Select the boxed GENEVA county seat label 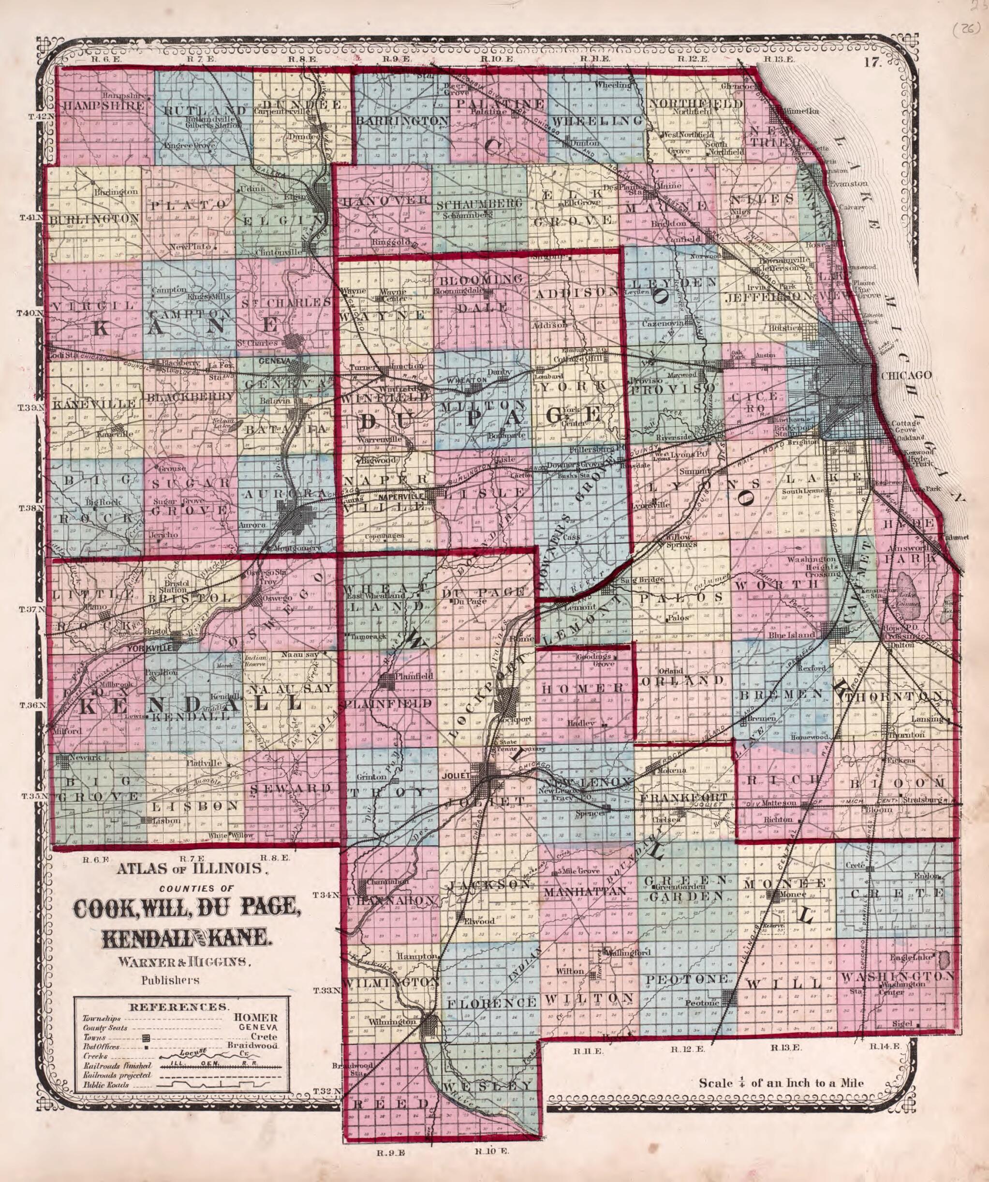pyautogui.click(x=275, y=361)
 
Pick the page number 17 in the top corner pyautogui.click(x=872, y=63)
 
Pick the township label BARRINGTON pyautogui.click(x=402, y=121)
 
